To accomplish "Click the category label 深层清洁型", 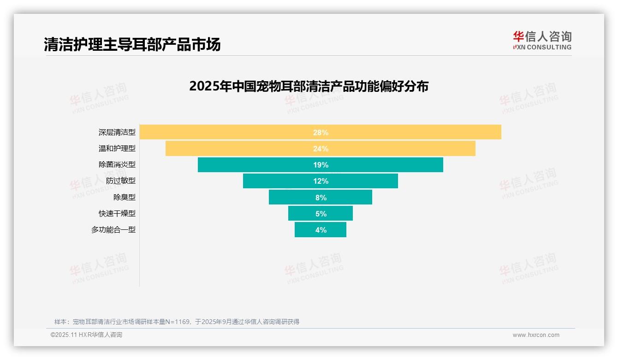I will [x=117, y=132].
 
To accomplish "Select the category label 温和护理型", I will [x=117, y=148].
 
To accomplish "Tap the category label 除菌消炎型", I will [x=117, y=164].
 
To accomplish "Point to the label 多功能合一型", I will [x=113, y=229].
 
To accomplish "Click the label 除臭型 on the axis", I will [x=125, y=197].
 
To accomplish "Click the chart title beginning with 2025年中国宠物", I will [x=309, y=86].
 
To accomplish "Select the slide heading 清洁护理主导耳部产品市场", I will [x=132, y=44].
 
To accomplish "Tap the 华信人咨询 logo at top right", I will [x=542, y=40].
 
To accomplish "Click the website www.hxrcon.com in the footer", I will [x=535, y=335].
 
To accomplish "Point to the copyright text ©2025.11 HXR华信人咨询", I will [x=86, y=335].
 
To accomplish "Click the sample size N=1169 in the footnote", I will [x=178, y=322].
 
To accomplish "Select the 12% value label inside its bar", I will [x=321, y=181].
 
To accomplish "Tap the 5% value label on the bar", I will [x=321, y=214].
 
